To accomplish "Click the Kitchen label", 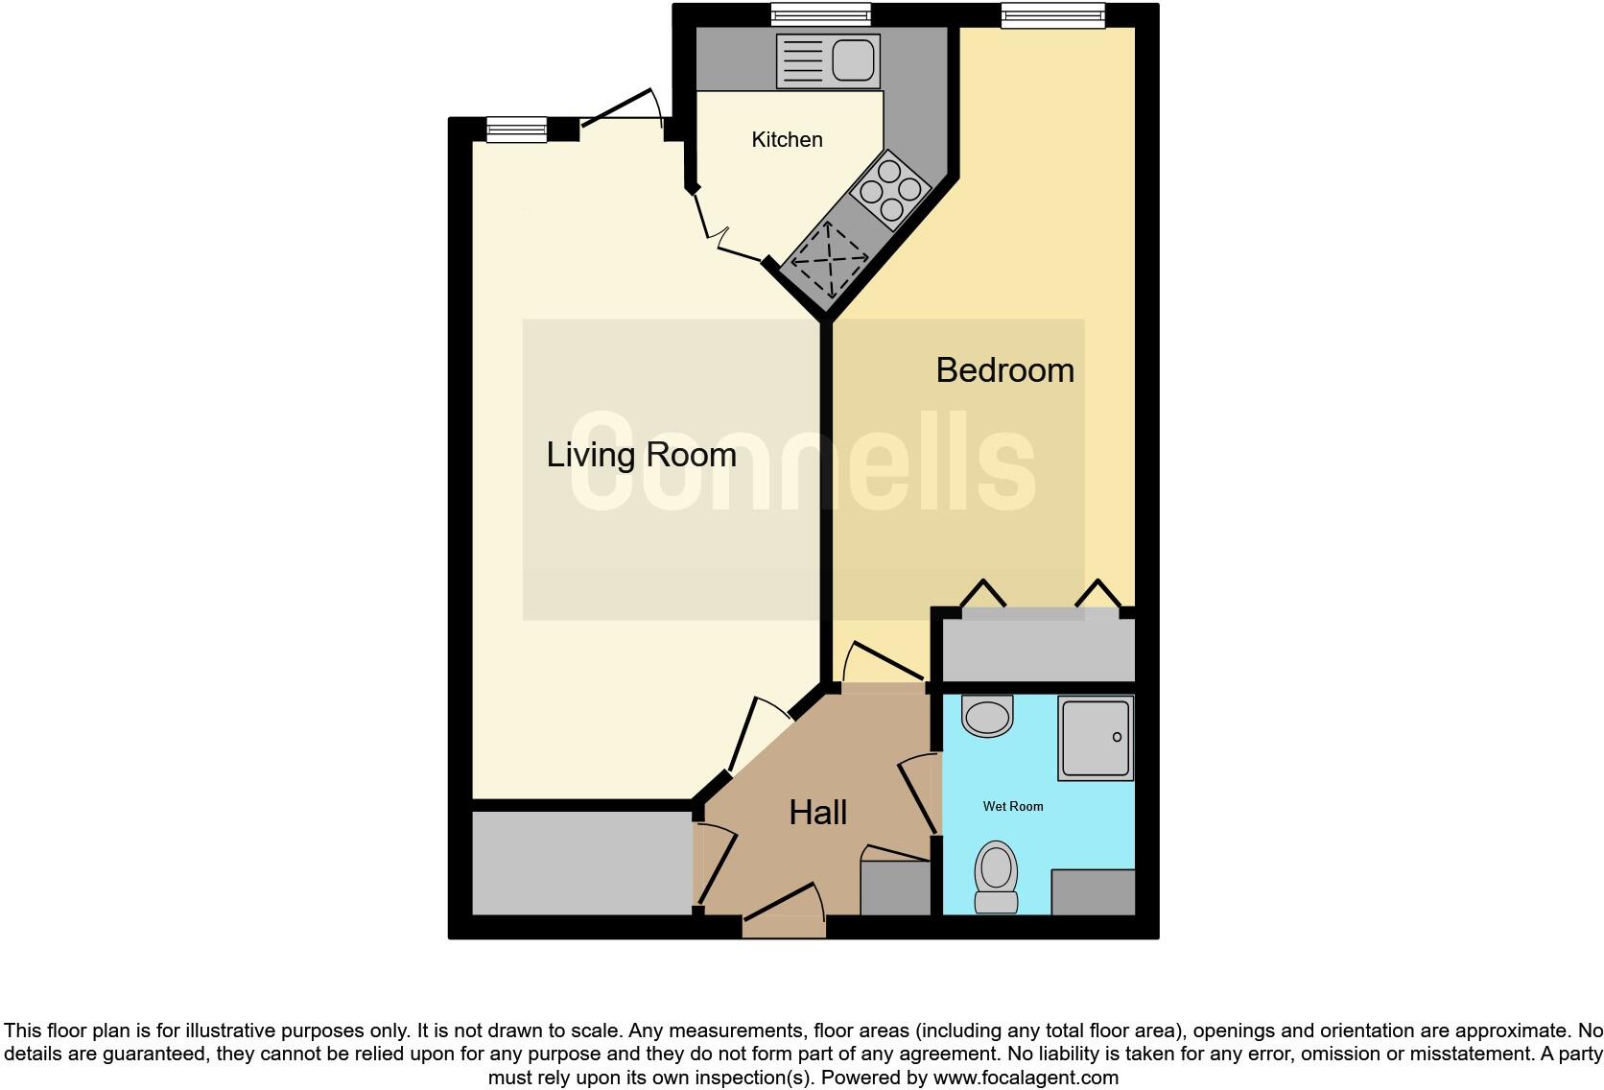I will [x=787, y=140].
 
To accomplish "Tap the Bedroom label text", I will [x=1004, y=370].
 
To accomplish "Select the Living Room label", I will [x=641, y=455].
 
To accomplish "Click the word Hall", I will [x=817, y=814].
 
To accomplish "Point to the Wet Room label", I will [x=1012, y=807].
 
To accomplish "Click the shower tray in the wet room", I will [x=1096, y=738].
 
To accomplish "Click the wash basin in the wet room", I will [x=987, y=716].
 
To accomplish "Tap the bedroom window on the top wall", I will [x=1052, y=15].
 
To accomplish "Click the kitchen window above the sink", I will [x=821, y=14].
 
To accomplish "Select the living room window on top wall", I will [x=516, y=129].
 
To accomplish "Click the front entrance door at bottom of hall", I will [x=784, y=916].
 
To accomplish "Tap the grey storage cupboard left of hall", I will [x=581, y=864].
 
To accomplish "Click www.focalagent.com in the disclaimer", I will [x=1026, y=1078].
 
